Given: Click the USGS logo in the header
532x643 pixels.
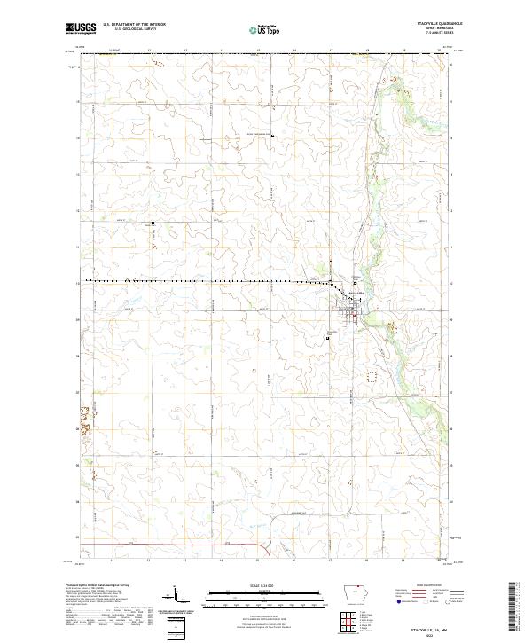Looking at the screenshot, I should pyautogui.click(x=81, y=29).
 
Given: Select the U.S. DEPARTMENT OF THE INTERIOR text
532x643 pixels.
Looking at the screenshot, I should pyautogui.click(x=135, y=26).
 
